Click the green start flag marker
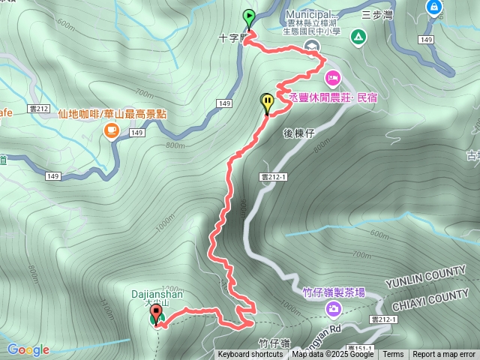[x=248, y=17]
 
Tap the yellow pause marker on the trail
[x=267, y=103]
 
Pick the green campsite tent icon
[x=357, y=37]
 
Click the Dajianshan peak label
[x=158, y=295]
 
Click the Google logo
[x=28, y=349]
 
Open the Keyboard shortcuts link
[x=250, y=355]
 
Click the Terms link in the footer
[x=393, y=355]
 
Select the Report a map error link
[x=444, y=355]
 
